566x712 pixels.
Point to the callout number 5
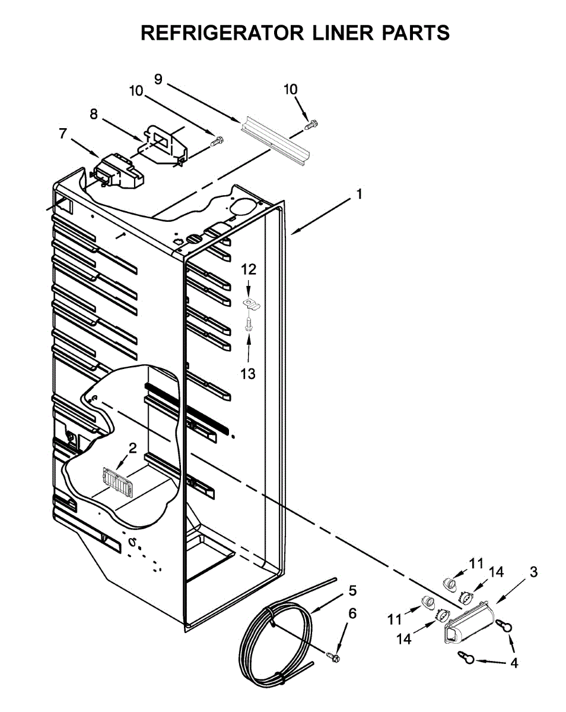[352, 590]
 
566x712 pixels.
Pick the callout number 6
[352, 614]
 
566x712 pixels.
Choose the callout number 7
[63, 133]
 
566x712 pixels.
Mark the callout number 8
[94, 114]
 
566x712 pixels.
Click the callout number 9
[158, 78]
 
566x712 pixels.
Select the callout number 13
[248, 374]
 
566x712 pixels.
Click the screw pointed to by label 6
[333, 656]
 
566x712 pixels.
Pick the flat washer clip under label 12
[252, 305]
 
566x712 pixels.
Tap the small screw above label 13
[249, 324]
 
